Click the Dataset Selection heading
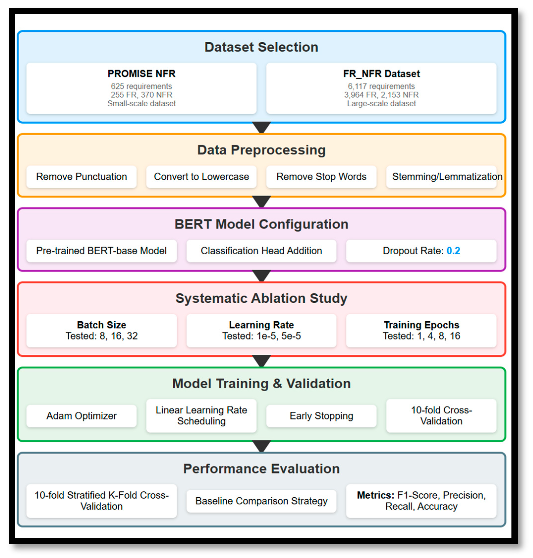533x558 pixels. point(261,47)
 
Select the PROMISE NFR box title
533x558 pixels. point(141,74)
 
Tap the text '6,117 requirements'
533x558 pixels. point(381,86)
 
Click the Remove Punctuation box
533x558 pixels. point(81,176)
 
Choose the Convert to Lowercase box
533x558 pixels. point(201,176)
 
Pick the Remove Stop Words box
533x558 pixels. point(321,176)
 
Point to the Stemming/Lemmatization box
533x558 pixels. point(441,176)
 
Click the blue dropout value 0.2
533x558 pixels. point(453,251)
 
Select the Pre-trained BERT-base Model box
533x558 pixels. point(102,251)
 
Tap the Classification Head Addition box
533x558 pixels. point(261,251)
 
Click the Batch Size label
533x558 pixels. point(102,325)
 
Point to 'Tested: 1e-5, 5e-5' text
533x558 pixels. point(261,336)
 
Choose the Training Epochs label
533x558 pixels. point(421,325)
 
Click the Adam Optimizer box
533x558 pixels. point(81,416)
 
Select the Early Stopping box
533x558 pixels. point(321,416)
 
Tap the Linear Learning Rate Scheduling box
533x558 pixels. point(201,416)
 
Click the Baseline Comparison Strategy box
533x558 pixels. point(261,501)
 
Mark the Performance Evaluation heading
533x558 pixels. point(261,469)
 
